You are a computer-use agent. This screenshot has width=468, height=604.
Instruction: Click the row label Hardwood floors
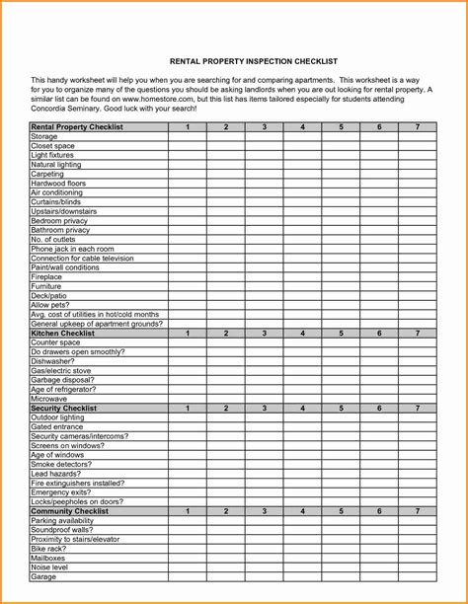(x=58, y=184)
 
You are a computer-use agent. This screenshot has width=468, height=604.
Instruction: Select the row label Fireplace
(x=46, y=277)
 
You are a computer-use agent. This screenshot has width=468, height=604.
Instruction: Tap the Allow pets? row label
(x=50, y=305)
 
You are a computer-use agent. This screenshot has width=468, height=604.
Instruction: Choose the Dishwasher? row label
(x=53, y=361)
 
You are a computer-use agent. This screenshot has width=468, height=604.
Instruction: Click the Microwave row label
(x=48, y=399)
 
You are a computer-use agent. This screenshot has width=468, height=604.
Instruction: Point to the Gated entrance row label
(x=57, y=426)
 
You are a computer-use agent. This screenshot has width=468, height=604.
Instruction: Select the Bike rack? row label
(x=49, y=549)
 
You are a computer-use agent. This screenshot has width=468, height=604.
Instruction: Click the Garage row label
(x=43, y=576)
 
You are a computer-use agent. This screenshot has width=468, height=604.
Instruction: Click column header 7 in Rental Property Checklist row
(x=418, y=127)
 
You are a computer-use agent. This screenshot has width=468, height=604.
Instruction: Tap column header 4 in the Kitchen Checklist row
(x=302, y=333)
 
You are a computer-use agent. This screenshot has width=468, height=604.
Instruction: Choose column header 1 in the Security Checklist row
(x=187, y=408)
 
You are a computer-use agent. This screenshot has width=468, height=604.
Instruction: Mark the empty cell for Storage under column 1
(x=187, y=137)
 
